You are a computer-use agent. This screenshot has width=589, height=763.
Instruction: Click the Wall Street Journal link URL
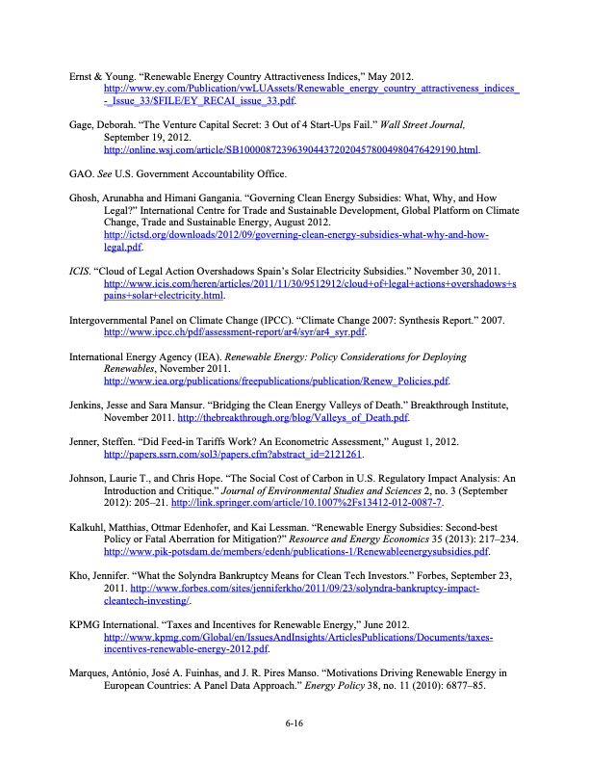pyautogui.click(x=290, y=150)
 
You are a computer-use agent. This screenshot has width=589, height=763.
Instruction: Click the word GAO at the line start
pyautogui.click(x=81, y=174)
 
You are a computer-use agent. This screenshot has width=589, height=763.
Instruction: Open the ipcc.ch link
pyautogui.click(x=235, y=332)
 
